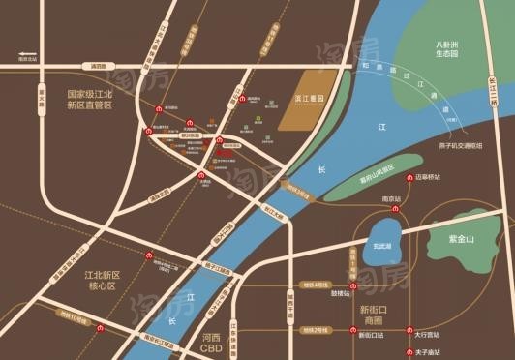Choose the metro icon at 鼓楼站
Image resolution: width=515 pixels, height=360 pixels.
coord(353,286)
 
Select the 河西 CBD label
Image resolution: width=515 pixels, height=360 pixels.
coord(211,343)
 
